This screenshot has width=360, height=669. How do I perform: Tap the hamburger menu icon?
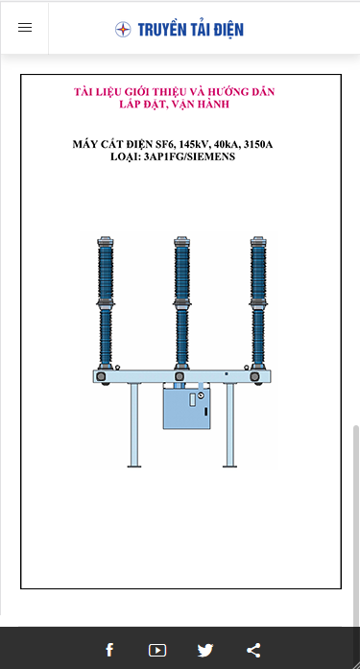pos(25,27)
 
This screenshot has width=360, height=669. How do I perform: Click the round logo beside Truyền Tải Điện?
pos(123,30)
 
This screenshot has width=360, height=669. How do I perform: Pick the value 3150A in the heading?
pos(257,145)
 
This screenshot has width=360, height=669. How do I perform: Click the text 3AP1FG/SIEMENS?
pos(189,156)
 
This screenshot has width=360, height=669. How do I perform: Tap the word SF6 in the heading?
pos(167,145)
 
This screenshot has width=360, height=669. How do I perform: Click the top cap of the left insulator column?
pos(106,242)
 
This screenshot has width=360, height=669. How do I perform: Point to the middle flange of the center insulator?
pos(181,303)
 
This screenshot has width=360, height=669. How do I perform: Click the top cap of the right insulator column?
pos(258,242)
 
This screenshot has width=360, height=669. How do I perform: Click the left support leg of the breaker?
pos(134,425)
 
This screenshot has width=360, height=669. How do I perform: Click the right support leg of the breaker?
pos(229,425)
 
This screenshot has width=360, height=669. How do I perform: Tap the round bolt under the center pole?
pos(180,376)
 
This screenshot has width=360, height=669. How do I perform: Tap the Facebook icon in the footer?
pos(109,650)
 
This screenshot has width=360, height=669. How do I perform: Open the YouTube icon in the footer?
pos(157,650)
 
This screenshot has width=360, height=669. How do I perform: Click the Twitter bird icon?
pos(205,650)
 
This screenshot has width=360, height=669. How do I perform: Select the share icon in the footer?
pos(253,650)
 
